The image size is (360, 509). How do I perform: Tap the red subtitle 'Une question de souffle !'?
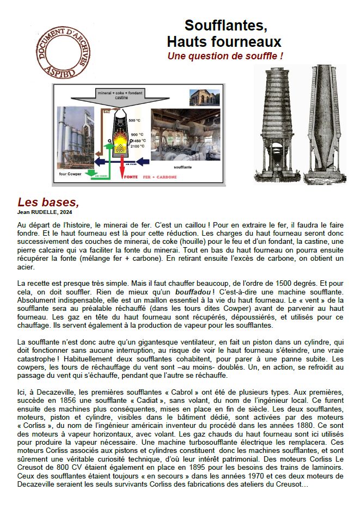(225, 56)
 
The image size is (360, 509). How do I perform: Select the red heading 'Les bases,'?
(48, 202)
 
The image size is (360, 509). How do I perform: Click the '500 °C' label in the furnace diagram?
(135, 120)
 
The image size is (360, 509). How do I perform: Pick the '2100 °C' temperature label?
(137, 146)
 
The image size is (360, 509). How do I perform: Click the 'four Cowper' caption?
(70, 174)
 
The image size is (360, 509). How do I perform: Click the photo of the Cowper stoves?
(75, 137)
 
